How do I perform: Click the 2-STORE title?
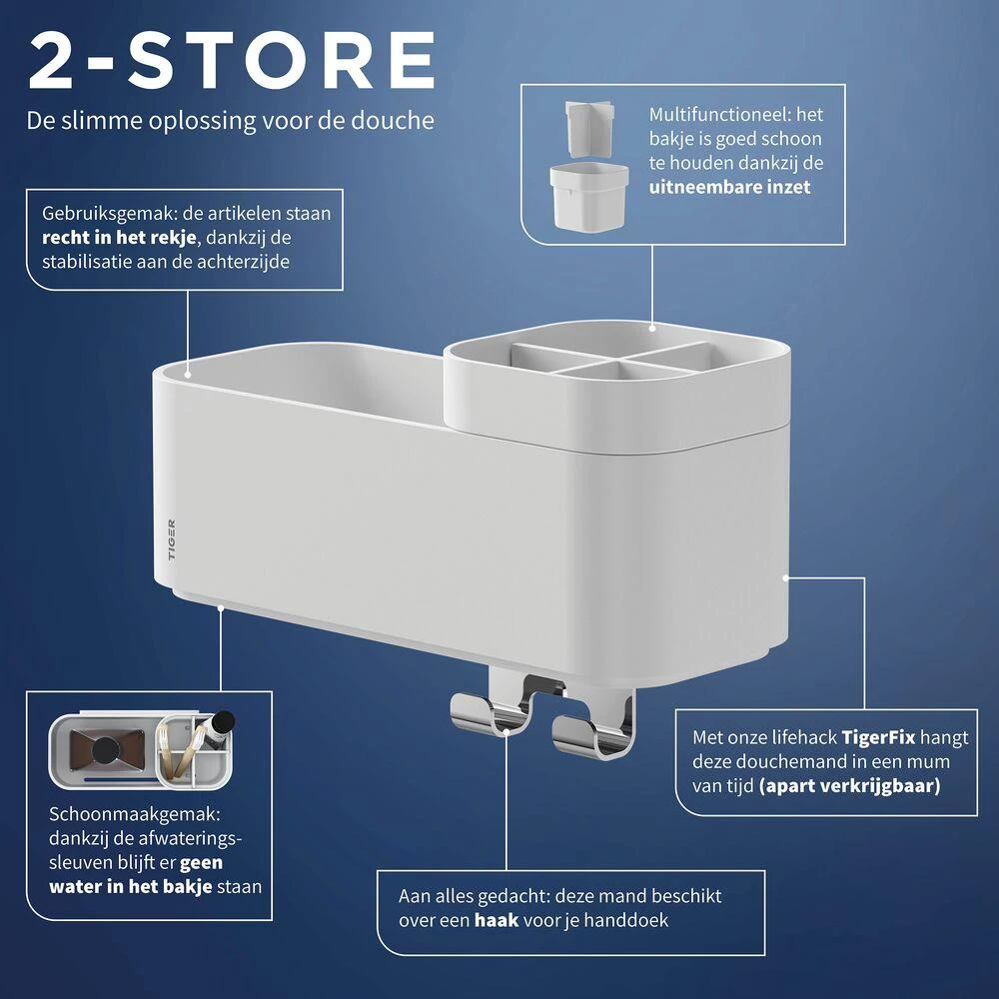point(232,61)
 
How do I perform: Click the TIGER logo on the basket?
point(172,540)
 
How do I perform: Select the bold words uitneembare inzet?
point(729,188)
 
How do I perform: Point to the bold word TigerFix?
point(878,738)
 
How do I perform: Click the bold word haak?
point(497,920)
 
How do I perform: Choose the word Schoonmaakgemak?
point(135,815)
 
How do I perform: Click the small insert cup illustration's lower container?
point(589,196)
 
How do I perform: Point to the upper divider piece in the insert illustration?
point(589,127)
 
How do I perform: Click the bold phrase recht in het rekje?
point(119,238)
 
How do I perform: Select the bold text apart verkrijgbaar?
point(850,786)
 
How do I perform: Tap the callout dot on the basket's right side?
point(785,577)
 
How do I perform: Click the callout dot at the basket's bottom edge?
point(221,607)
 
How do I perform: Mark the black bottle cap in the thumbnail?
point(223,722)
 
